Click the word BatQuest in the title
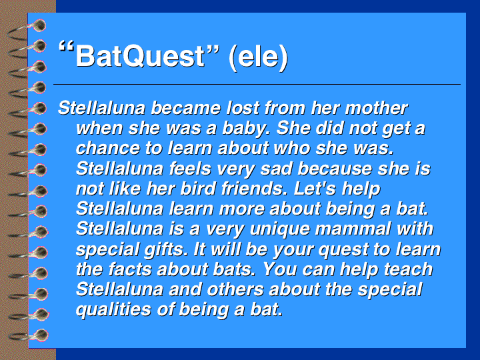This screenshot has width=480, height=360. tap(140, 56)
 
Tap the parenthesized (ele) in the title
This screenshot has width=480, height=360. tap(259, 57)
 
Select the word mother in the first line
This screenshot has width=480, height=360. tap(376, 108)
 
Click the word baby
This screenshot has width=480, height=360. tap(247, 129)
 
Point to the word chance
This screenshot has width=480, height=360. tap(108, 148)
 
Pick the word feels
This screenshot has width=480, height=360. tap(190, 168)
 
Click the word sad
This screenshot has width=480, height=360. tap(276, 168)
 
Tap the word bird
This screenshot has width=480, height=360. tap(199, 188)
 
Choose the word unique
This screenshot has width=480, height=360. tap(280, 229)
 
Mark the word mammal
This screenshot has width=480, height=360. tap(353, 229)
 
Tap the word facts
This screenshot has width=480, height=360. tap(131, 269)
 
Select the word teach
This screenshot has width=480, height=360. tap(408, 269)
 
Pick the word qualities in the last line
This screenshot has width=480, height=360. tap(113, 310)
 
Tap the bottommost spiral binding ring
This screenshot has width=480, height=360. tap(29, 335)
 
